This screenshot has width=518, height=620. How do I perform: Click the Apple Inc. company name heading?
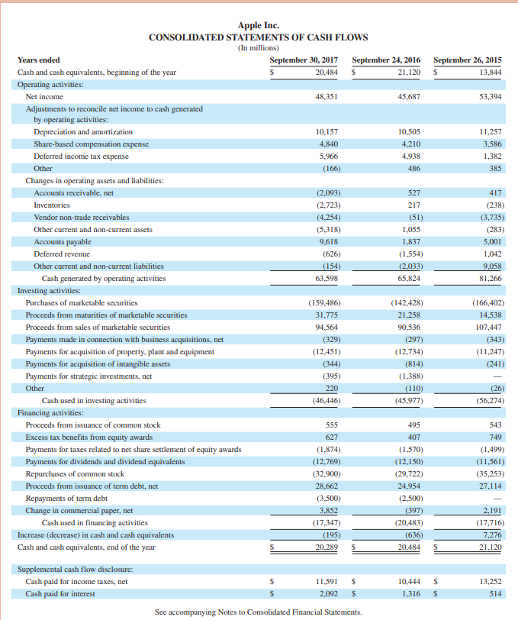(259, 25)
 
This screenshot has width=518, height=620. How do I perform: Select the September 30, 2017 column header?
(304, 60)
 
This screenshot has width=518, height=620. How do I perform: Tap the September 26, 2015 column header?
(467, 60)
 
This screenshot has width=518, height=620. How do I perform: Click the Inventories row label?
(52, 205)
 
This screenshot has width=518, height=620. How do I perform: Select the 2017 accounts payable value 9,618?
(328, 241)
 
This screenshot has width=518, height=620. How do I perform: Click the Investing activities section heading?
(49, 290)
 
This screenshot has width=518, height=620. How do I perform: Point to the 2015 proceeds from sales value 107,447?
(487, 327)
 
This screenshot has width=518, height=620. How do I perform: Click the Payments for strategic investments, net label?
(88, 376)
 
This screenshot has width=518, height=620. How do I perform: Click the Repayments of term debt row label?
(66, 498)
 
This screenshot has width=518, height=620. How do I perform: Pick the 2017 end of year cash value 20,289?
(327, 547)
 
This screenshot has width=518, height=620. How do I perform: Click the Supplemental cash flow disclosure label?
(75, 569)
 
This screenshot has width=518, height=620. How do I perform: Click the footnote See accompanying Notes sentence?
(258, 612)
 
